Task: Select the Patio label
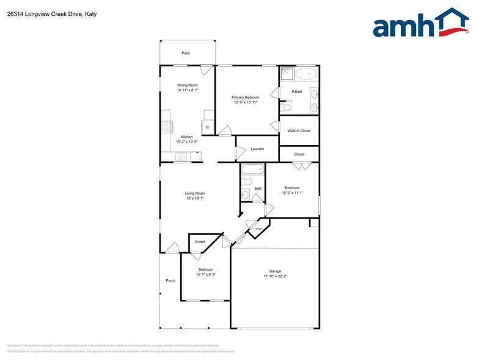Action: point(186,53)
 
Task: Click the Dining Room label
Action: point(188,85)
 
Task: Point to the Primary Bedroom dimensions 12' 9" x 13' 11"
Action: point(245,102)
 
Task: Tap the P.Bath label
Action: point(297,92)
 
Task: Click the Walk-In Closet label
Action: point(299,131)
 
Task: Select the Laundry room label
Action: point(257,149)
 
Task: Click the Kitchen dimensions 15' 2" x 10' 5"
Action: point(186,142)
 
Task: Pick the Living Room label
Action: point(195,193)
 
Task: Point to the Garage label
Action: point(275,271)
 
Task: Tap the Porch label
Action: point(170,280)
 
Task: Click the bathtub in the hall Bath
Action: point(252,169)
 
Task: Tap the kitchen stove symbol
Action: point(166,128)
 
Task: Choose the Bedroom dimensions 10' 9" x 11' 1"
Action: point(292,193)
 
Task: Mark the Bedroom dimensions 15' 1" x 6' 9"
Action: point(205,275)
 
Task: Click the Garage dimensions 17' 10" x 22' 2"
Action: point(275,277)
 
